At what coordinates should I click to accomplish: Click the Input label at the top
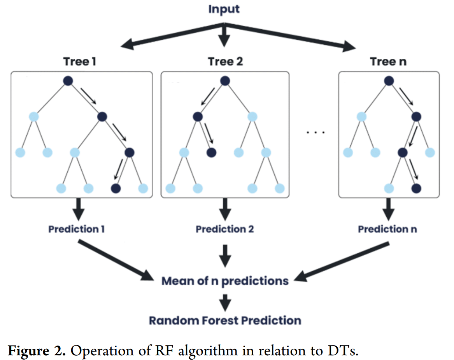224,9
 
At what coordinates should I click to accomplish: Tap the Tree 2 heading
225,61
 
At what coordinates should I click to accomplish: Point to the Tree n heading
388,61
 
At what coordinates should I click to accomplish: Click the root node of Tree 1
68,81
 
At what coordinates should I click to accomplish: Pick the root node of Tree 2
225,81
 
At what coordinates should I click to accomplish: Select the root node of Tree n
389,81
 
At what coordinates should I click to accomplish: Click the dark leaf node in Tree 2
211,153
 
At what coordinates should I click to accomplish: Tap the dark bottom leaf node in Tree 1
116,188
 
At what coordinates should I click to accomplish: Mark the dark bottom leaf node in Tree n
416,188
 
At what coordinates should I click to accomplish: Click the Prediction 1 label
76,229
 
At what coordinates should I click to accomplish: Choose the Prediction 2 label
225,229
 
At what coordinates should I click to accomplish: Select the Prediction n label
387,229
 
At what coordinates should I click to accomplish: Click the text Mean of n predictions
225,281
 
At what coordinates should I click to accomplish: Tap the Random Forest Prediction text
225,320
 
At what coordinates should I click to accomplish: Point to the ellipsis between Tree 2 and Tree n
315,133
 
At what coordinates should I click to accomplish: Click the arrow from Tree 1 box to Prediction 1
79,209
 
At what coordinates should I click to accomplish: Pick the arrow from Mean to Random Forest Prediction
225,300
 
